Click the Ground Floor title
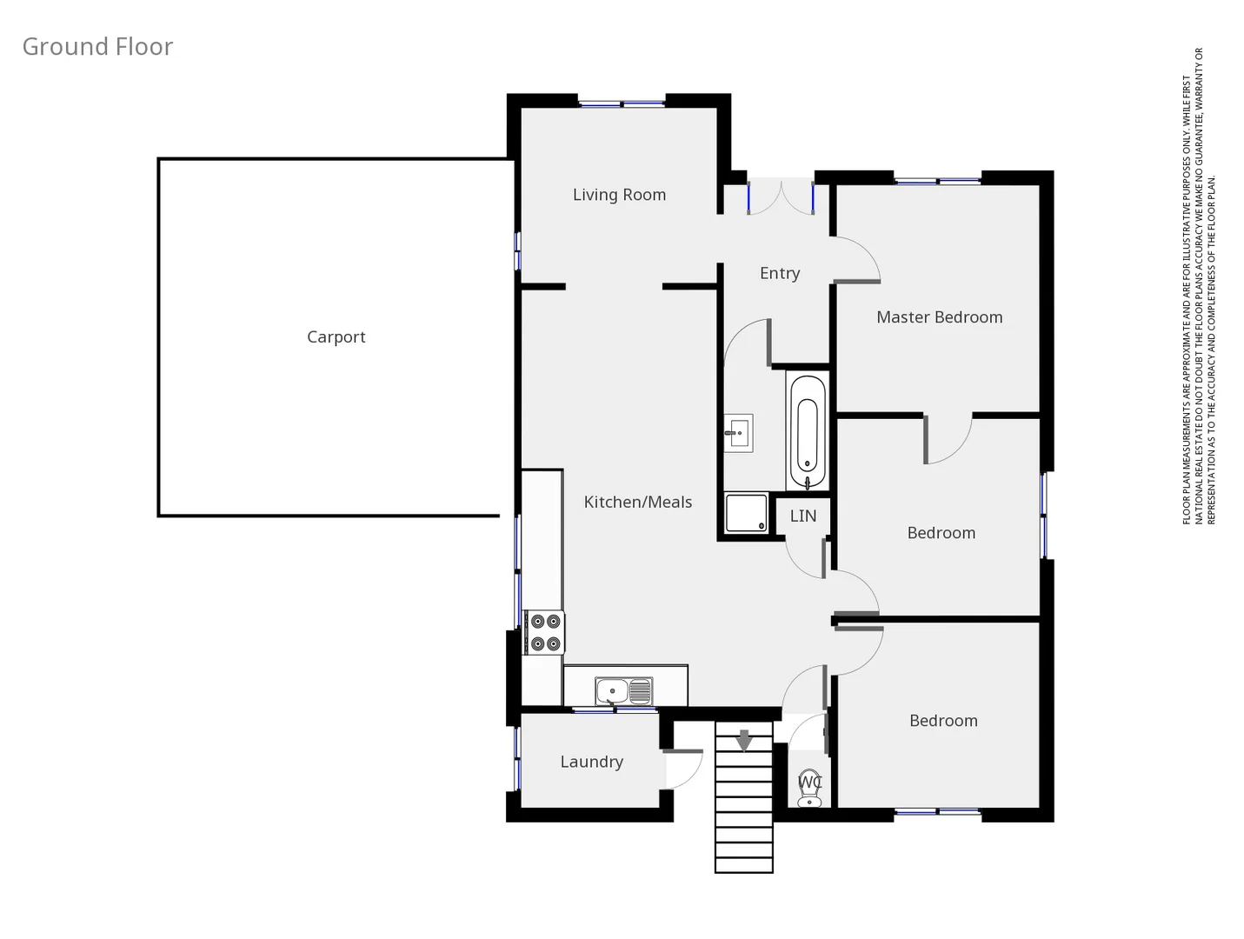pos(97,47)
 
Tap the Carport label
pos(336,337)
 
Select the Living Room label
pos(619,195)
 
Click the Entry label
pos(779,273)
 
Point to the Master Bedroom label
pos(939,317)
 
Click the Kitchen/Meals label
pos(637,502)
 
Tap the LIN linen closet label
pos(802,516)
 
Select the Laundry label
pos(591,762)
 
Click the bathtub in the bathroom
pos(808,432)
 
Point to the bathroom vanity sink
pos(738,432)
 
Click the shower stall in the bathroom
pos(747,513)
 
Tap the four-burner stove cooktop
pos(545,632)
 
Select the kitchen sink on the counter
pos(623,692)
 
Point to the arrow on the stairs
pos(744,741)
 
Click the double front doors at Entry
pos(781,196)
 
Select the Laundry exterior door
pos(683,769)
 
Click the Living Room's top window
pos(622,104)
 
